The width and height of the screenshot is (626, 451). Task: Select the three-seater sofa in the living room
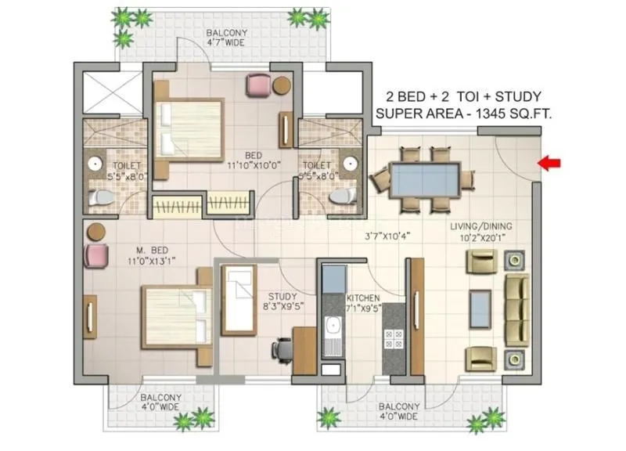tap(516, 308)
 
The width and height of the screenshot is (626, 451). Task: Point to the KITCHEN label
tap(364, 298)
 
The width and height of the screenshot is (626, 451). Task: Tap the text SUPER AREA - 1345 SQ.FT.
tap(463, 114)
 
